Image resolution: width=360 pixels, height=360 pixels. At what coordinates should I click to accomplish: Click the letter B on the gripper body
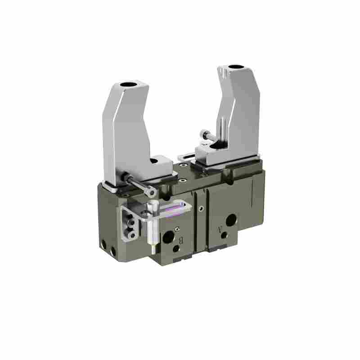point(181,240)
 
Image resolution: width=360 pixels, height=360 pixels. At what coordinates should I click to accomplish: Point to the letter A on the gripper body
point(220,229)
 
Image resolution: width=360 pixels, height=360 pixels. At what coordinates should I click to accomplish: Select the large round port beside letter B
point(168,237)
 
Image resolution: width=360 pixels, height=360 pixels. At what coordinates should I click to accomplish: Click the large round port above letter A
point(231,220)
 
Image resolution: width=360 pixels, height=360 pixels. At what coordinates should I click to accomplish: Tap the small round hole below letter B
point(176,249)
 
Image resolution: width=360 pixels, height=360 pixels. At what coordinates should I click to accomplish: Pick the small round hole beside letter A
point(224,235)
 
